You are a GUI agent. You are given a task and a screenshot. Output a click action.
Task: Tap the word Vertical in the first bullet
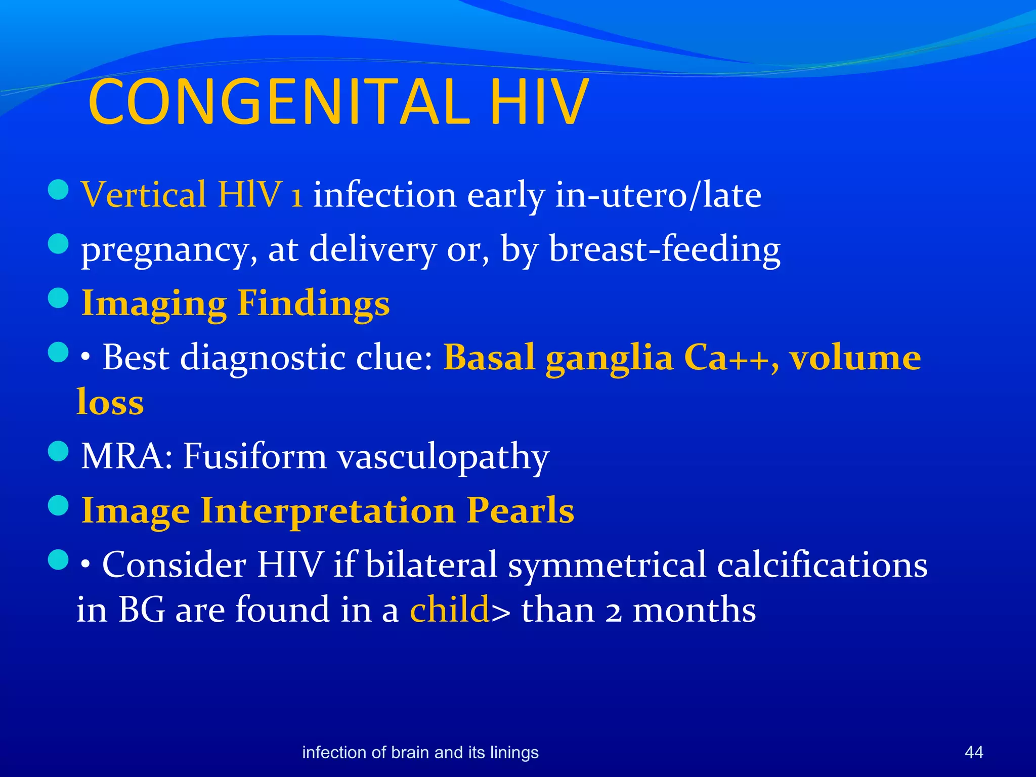pyautogui.click(x=144, y=195)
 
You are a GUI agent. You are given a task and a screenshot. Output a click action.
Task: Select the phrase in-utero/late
pyautogui.click(x=658, y=195)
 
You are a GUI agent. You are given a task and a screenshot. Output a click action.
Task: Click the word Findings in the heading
pyautogui.click(x=313, y=304)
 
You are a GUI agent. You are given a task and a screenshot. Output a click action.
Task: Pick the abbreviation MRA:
pyautogui.click(x=126, y=456)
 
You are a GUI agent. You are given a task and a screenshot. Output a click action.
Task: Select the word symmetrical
pyautogui.click(x=607, y=565)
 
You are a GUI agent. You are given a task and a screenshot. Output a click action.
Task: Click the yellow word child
pyautogui.click(x=449, y=610)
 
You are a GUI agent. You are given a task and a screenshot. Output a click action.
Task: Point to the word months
pyautogui.click(x=694, y=610)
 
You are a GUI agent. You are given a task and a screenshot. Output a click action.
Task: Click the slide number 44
pyautogui.click(x=974, y=752)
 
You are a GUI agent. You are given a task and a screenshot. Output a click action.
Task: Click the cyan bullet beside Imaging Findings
pyautogui.click(x=59, y=298)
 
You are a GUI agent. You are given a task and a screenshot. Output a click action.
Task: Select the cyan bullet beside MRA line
pyautogui.click(x=59, y=451)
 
